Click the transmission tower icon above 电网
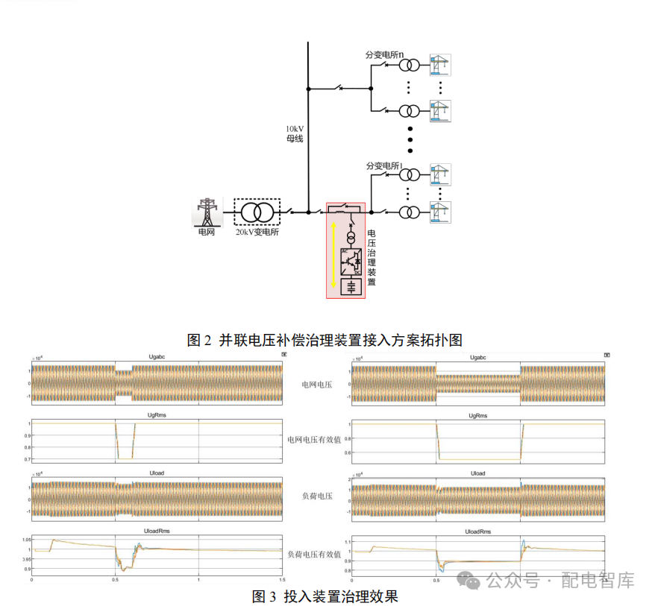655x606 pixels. pyautogui.click(x=206, y=212)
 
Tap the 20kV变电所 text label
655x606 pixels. pyautogui.click(x=258, y=233)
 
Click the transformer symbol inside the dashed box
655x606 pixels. pyautogui.click(x=257, y=212)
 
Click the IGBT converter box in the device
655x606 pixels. pyautogui.click(x=350, y=262)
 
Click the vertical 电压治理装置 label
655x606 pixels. pyautogui.click(x=372, y=257)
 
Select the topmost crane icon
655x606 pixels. pyautogui.click(x=440, y=66)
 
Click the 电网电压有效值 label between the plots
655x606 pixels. pyautogui.click(x=314, y=440)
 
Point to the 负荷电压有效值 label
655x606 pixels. pyautogui.click(x=314, y=555)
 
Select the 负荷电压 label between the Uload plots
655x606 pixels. pyautogui.click(x=315, y=496)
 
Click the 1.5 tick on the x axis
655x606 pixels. pyautogui.click(x=281, y=578)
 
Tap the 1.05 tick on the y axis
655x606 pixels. pyautogui.click(x=25, y=539)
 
